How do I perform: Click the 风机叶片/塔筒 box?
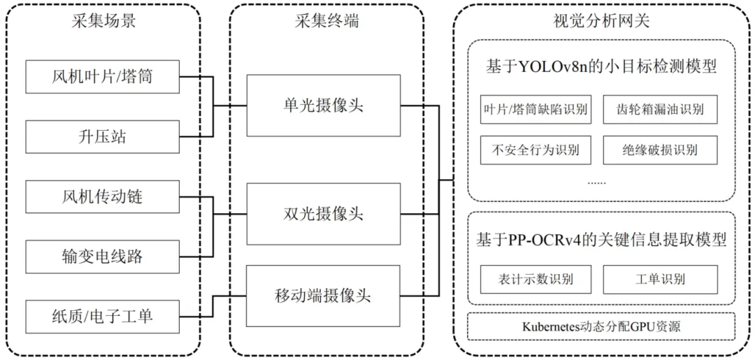102,76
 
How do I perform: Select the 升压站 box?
102,136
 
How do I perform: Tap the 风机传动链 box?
102,196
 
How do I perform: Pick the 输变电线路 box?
102,257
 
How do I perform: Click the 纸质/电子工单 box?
102,317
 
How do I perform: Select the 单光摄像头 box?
323,106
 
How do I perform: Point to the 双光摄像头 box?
323,213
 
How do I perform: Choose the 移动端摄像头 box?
323,295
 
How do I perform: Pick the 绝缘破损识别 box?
660,150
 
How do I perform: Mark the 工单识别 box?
660,279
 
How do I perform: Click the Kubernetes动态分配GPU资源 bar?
601,326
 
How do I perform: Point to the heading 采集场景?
103,21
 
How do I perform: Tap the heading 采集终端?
326,21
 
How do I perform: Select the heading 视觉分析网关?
601,21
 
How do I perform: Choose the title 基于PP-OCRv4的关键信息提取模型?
601,240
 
